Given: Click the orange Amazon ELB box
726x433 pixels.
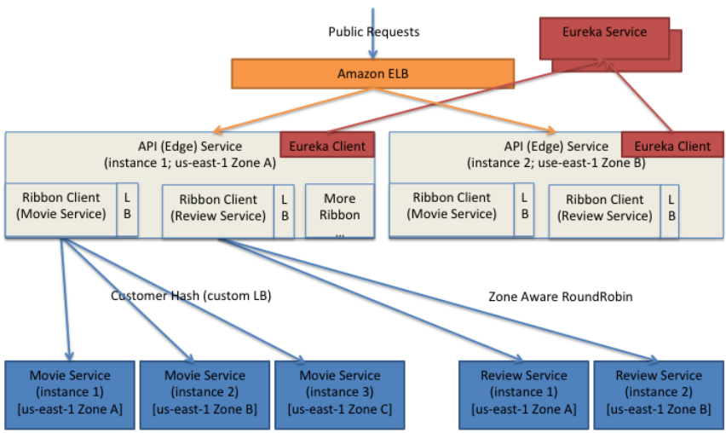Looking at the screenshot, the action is (x=372, y=73).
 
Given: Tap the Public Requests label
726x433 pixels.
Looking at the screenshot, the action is (x=373, y=32).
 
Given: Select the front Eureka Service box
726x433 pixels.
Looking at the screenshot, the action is (x=604, y=38).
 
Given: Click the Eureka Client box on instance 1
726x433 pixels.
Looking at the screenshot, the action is (x=327, y=145).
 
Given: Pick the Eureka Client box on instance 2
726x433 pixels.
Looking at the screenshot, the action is (x=672, y=145).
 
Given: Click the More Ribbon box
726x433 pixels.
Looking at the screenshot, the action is (x=340, y=211).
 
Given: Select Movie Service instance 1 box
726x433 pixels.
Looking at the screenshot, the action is (x=70, y=395).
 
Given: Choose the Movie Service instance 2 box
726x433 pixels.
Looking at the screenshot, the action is (x=205, y=395).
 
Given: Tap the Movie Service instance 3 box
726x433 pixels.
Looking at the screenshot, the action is (x=340, y=395).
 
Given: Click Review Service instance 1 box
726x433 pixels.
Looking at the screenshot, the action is (x=524, y=395).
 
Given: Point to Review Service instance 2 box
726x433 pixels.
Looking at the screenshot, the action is (x=659, y=395).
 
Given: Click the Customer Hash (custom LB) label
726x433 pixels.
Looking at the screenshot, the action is (x=191, y=296).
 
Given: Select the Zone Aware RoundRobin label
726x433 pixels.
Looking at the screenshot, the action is (x=560, y=297).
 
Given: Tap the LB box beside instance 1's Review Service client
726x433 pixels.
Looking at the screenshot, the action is (x=285, y=211).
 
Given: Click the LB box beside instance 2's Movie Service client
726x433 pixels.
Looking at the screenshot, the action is (x=524, y=210).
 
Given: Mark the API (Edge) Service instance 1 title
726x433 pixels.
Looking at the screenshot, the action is (x=190, y=154).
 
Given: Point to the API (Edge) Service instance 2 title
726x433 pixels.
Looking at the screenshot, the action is (x=556, y=154).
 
